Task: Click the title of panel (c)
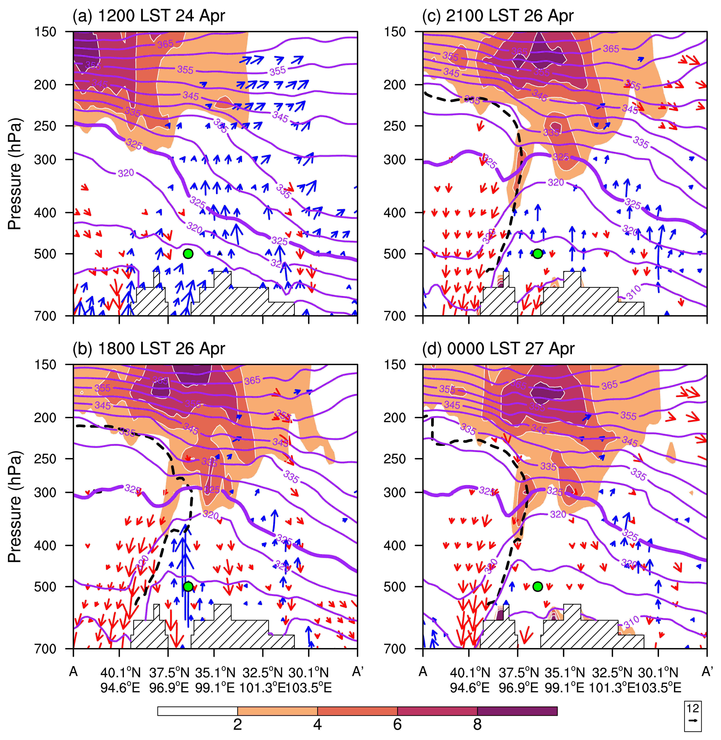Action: (498, 16)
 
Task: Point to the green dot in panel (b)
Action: (188, 587)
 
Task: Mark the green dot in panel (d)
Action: (538, 587)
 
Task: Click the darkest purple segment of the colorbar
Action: (517, 711)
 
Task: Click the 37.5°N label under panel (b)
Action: (169, 673)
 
